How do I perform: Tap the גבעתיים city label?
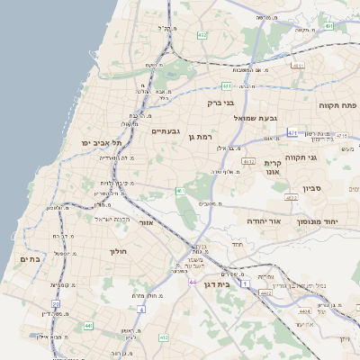[x=164, y=131]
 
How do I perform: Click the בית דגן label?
[x=238, y=284]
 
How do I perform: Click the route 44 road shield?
[x=193, y=282]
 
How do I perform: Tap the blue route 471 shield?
[x=292, y=132]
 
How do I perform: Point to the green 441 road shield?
[x=87, y=325]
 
